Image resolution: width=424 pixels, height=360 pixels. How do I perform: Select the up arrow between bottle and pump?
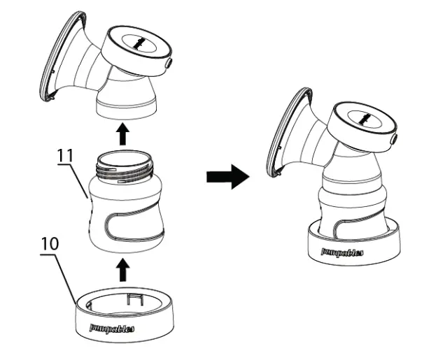[122, 134]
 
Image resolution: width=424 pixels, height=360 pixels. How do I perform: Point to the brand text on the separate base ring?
[111, 326]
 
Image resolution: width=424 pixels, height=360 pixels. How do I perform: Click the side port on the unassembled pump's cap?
[170, 64]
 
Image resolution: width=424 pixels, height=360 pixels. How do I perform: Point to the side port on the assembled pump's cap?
[394, 140]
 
